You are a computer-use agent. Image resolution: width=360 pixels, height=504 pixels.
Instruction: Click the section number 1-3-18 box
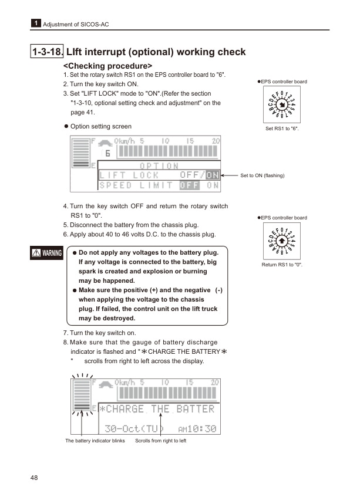click(47, 52)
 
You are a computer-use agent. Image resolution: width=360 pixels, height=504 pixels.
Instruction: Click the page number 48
click(35, 478)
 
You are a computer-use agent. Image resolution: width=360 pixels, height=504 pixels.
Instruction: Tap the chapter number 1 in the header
click(36, 23)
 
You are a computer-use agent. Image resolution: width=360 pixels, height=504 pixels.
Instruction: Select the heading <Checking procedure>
click(107, 66)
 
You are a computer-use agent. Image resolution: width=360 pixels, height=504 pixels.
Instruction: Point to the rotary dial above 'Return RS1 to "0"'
click(282, 241)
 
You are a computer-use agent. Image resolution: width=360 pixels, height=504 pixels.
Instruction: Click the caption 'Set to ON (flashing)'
click(263, 175)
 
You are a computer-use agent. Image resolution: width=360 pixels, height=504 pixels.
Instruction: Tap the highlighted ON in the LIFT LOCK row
click(213, 175)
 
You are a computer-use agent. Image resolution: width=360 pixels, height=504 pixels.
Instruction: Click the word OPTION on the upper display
click(159, 165)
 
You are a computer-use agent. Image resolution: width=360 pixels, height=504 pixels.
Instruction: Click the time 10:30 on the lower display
click(201, 429)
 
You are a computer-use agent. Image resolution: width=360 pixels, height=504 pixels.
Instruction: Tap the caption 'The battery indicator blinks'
click(95, 441)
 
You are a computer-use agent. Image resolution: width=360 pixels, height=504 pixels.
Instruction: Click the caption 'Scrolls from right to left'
click(160, 441)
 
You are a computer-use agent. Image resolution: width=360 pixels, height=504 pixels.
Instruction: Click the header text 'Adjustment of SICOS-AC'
click(75, 24)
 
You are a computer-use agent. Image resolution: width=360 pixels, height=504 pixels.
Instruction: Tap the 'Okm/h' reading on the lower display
click(125, 382)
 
